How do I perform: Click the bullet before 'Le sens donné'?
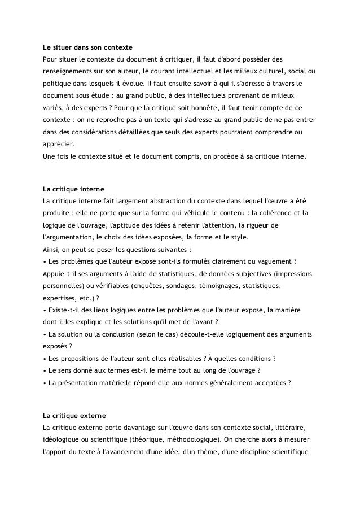pyautogui.click(x=45, y=370)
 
